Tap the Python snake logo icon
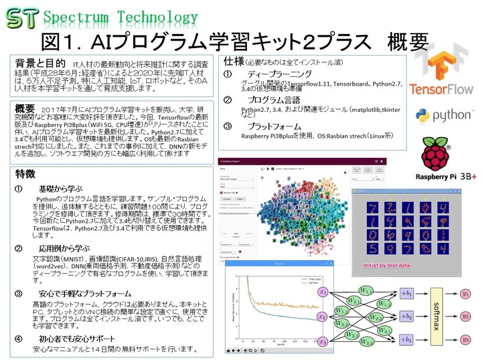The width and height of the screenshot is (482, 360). [x=422, y=116]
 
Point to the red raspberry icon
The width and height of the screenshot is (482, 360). [x=440, y=155]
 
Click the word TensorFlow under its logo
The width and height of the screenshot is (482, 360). [x=441, y=88]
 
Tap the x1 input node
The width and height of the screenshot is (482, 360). [x=323, y=292]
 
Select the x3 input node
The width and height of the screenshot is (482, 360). [x=323, y=341]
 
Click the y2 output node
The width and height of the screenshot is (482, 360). [x=466, y=317]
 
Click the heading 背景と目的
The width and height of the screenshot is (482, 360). [x=39, y=63]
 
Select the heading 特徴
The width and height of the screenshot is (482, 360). [x=26, y=175]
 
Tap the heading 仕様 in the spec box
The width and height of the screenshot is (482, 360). [x=233, y=60]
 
